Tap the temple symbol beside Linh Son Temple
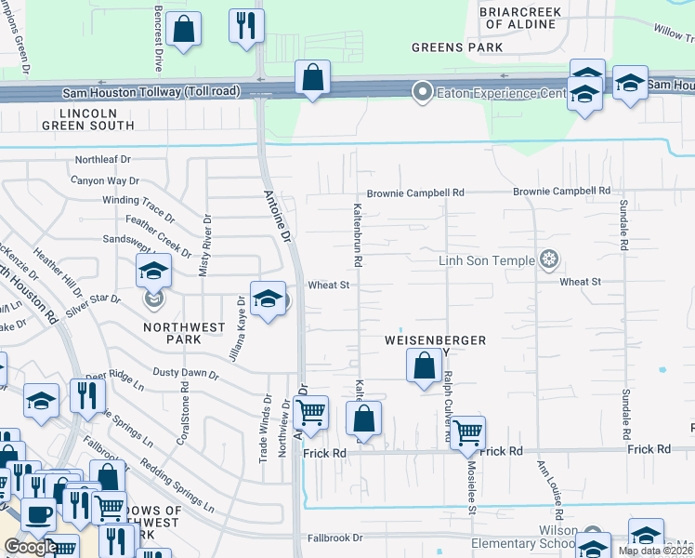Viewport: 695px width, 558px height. pos(549,259)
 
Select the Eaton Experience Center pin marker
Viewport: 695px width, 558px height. pos(423,91)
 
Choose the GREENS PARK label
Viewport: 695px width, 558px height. pos(457,47)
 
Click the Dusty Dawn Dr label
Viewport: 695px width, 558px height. pos(185,374)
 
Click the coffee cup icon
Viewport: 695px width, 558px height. pos(38,513)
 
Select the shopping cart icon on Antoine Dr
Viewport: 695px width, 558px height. pos(311,411)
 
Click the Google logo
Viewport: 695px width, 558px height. pos(30,547)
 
